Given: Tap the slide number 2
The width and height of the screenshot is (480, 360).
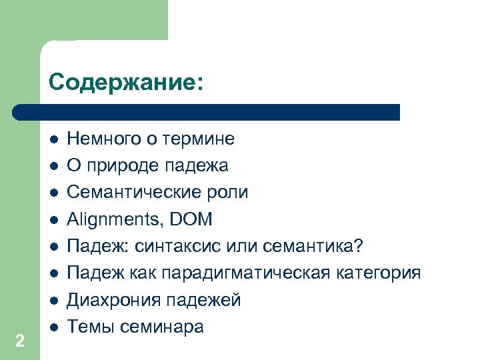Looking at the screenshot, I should coord(20,341).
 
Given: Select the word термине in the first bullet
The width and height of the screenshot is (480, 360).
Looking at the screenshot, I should coord(203,139).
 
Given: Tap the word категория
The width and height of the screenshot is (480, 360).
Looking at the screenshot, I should coord(387,274).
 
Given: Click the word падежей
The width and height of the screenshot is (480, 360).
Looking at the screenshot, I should coord(206,301).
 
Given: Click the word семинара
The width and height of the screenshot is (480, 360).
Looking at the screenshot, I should coord(163,327).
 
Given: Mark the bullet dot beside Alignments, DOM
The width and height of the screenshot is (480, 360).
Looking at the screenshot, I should coord(53,219).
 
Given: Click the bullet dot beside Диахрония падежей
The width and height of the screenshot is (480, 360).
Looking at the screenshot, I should coord(53,301).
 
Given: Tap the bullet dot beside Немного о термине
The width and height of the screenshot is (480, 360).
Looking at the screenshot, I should coord(53,139).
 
